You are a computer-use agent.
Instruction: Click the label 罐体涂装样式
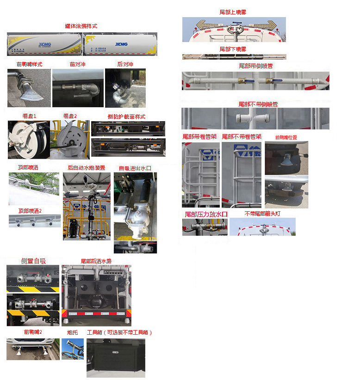[x=81, y=26]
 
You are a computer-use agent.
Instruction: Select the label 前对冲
[x=79, y=64]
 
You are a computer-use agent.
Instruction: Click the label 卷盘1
[x=29, y=116]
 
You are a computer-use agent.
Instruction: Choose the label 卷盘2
[x=70, y=116]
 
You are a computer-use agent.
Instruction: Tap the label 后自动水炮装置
[x=87, y=168]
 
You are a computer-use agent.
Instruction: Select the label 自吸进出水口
[x=135, y=168]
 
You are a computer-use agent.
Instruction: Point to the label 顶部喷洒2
[x=30, y=211]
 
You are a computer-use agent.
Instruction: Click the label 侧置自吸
[x=33, y=261]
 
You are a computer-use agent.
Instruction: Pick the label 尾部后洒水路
[x=96, y=261]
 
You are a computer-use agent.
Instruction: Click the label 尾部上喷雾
[x=233, y=12]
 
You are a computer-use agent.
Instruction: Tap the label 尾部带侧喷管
[x=256, y=66]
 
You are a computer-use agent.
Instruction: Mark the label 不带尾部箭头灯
[x=262, y=214]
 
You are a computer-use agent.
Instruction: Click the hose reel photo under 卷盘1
[x=29, y=139]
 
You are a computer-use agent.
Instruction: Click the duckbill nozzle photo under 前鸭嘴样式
[x=29, y=88]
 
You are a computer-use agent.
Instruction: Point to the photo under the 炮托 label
[x=73, y=349]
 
